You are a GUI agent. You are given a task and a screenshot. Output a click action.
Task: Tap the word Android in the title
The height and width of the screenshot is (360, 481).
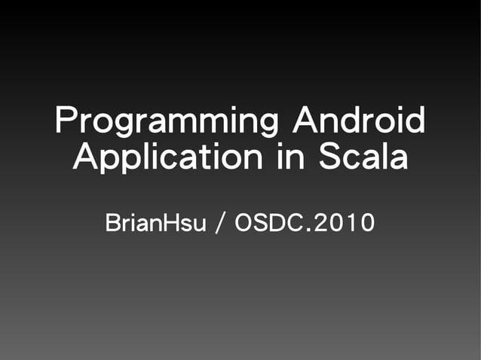(357, 122)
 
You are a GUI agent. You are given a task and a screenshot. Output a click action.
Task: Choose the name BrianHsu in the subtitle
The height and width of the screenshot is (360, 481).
(155, 223)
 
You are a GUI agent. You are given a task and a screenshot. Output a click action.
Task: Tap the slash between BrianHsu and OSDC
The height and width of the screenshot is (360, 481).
(219, 224)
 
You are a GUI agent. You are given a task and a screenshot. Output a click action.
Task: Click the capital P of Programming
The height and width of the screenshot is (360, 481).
(67, 121)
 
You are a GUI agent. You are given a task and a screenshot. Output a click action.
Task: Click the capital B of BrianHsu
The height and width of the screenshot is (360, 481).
(112, 223)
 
